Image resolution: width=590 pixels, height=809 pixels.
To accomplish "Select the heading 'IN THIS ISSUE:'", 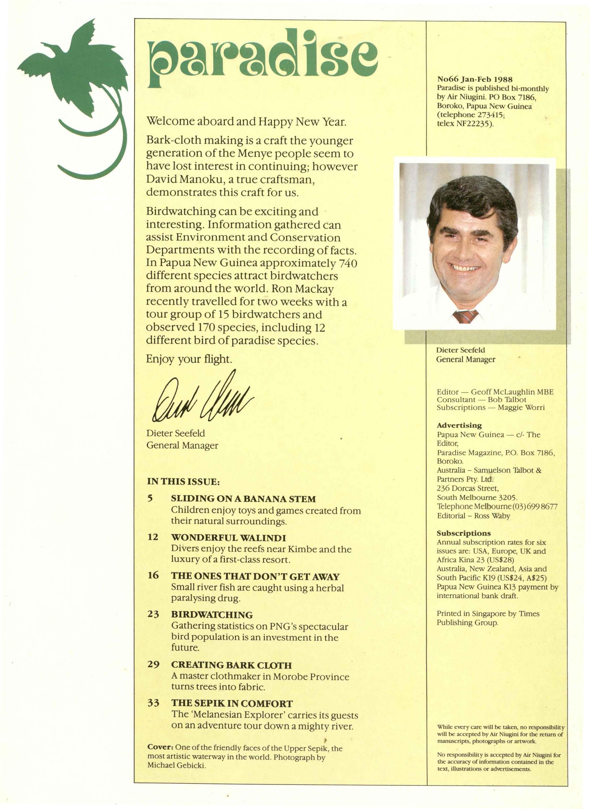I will coord(183,482).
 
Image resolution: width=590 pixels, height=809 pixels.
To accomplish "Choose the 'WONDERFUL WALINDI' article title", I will coord(229,538).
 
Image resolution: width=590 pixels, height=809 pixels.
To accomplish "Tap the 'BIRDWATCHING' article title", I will coord(212,615).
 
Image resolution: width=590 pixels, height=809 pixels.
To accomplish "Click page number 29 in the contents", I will coord(153,665).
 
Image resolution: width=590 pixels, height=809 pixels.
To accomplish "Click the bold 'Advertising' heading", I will coord(459,425).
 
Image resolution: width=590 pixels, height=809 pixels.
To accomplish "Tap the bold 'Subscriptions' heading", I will coord(464,533).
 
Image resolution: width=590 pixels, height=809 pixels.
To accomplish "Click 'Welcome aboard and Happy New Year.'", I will coord(246,122).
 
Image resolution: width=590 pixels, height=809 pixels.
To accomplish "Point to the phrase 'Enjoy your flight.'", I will coord(189,359).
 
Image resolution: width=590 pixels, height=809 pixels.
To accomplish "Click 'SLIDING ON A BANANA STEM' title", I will coord(244,499).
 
